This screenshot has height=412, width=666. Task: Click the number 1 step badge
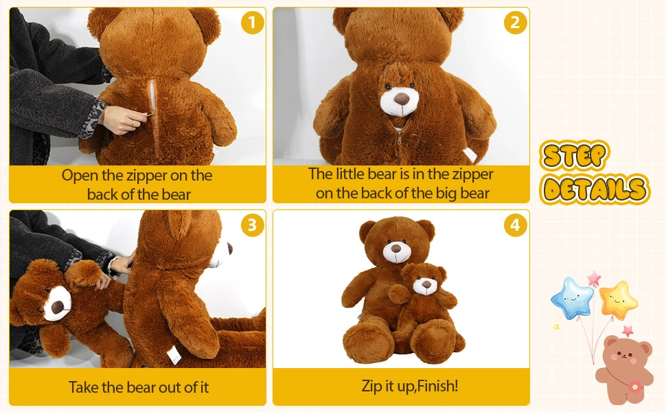pyautogui.click(x=252, y=23)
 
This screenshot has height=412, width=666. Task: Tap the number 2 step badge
pyautogui.click(x=516, y=23)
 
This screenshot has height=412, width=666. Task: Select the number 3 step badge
pyautogui.click(x=252, y=225)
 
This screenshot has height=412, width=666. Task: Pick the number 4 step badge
pyautogui.click(x=516, y=225)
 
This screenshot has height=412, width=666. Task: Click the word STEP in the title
pyautogui.click(x=575, y=157)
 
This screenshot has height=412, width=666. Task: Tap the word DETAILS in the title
pyautogui.click(x=594, y=189)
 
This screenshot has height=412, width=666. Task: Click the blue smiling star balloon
pyautogui.click(x=572, y=298)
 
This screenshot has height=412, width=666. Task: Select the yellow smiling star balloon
pyautogui.click(x=618, y=299)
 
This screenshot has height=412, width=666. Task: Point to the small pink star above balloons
pyautogui.click(x=593, y=278)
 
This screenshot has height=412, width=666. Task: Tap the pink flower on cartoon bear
pyautogui.click(x=635, y=387)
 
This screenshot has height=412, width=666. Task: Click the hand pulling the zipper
pyautogui.click(x=127, y=122)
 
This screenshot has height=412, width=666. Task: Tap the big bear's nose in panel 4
pyautogui.click(x=397, y=247)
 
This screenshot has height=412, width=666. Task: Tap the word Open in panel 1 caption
pyautogui.click(x=79, y=175)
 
